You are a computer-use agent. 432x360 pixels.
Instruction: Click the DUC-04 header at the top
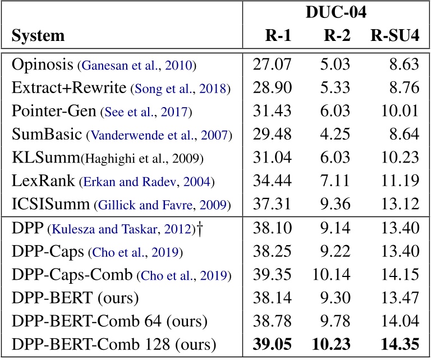[x=336, y=13]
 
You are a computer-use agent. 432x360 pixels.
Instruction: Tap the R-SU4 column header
[x=394, y=36]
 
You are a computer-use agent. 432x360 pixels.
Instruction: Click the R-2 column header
[x=337, y=36]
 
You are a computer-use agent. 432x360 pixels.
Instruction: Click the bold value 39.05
[x=273, y=344]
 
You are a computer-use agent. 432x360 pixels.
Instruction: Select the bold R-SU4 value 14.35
[x=399, y=344]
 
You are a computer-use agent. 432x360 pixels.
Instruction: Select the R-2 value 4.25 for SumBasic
[x=338, y=135]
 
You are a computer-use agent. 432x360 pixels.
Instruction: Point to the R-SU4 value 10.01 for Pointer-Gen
[x=399, y=112]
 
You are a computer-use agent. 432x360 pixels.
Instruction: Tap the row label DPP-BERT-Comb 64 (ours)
[x=109, y=321]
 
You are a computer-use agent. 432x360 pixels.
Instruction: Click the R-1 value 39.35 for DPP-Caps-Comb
[x=273, y=275]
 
